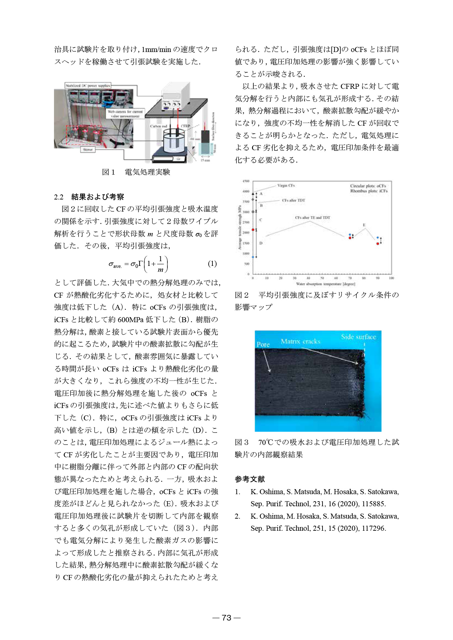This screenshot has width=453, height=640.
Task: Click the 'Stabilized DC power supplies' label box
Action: coord(88,86)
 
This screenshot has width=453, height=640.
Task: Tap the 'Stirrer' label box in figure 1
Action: coord(88,150)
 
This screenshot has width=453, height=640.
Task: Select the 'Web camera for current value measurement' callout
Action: coord(125,114)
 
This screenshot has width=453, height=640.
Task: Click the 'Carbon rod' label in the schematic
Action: coord(158,126)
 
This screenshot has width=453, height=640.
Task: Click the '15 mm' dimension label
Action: coord(205,161)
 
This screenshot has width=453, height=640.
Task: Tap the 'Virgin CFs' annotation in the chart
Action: coord(286,185)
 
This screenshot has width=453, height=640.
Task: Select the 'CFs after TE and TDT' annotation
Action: coord(312,218)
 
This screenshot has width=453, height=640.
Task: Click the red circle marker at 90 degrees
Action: coord(377,243)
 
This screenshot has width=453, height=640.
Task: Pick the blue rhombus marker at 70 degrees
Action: coord(350,235)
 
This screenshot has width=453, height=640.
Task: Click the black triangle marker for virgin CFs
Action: coord(253,194)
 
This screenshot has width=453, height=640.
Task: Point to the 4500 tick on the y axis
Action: coord(246,181)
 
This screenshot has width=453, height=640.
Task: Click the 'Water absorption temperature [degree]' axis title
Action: coord(325,284)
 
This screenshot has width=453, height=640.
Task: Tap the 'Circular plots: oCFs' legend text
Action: coord(368,186)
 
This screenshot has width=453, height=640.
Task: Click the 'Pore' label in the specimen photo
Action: coord(263,344)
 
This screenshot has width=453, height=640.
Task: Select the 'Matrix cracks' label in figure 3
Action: coord(300,341)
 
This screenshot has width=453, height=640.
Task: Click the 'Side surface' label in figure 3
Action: coord(358,337)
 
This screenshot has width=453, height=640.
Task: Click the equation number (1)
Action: coord(212,264)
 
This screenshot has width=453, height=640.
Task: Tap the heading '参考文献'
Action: coord(250,479)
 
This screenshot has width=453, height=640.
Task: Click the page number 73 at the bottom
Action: coord(226,618)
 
